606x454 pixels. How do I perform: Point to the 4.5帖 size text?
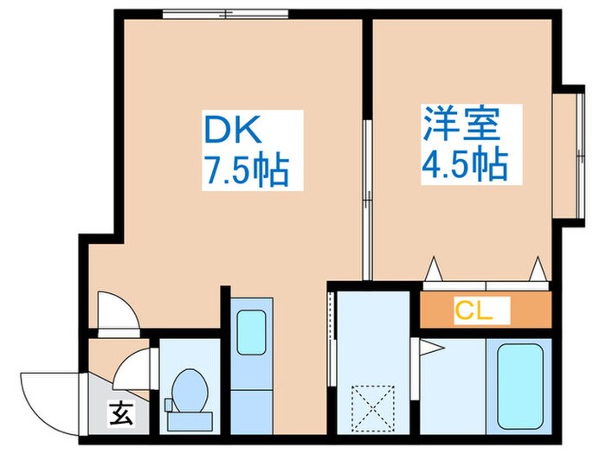point(463,163)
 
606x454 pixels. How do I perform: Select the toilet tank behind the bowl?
point(186,419)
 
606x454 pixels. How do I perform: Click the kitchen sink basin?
point(252,329)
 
